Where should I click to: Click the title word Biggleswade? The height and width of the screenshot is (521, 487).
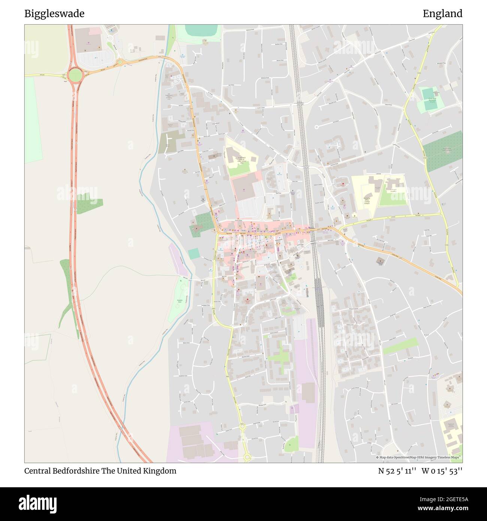[54, 14]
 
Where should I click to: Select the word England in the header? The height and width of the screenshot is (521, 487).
[442, 14]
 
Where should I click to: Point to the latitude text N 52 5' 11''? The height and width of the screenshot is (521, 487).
[397, 471]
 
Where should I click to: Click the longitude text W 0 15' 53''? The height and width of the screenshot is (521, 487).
[442, 471]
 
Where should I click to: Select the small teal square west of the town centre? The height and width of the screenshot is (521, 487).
[194, 254]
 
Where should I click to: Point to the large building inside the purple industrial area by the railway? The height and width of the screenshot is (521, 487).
[308, 392]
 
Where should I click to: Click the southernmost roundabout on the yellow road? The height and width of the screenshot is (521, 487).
[247, 457]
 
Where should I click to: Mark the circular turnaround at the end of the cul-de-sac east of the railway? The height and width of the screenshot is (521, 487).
[317, 127]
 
